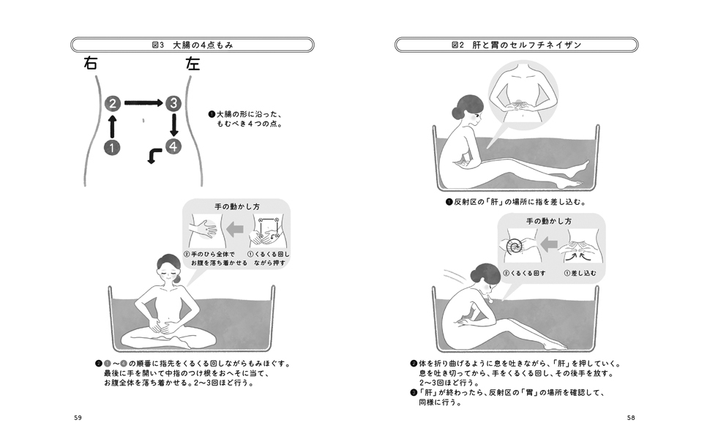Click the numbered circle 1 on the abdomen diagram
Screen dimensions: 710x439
click(x=112, y=148)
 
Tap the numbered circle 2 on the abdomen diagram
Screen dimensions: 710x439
click(x=113, y=104)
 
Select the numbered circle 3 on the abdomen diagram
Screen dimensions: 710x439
click(x=173, y=104)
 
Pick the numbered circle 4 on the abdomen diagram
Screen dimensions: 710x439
click(x=173, y=146)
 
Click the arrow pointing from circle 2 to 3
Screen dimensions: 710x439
click(x=143, y=103)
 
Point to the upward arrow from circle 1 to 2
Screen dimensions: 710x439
click(x=112, y=126)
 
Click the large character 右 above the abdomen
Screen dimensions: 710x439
click(x=91, y=63)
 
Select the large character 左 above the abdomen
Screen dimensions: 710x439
click(x=193, y=63)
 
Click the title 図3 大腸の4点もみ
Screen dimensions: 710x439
click(x=193, y=45)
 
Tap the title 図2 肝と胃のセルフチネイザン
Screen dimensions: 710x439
click(x=517, y=45)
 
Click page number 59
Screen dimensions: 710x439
click(x=78, y=418)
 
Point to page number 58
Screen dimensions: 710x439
click(x=631, y=418)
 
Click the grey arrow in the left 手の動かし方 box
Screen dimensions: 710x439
click(x=234, y=228)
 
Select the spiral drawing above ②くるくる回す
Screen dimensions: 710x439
click(x=514, y=247)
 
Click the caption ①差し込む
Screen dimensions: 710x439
click(x=580, y=274)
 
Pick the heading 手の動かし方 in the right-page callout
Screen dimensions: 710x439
click(x=549, y=221)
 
